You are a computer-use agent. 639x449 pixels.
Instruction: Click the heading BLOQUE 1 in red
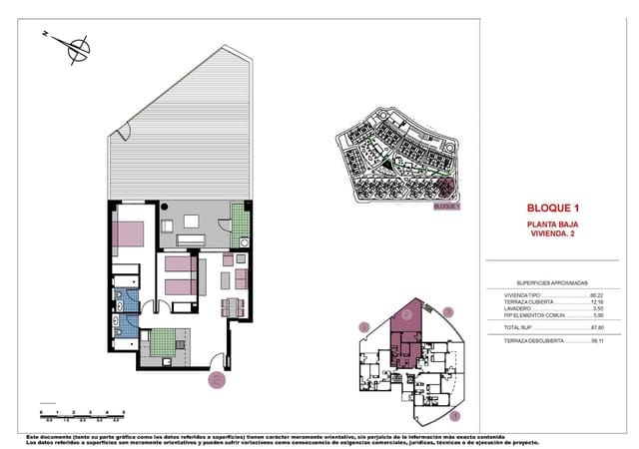click(x=552, y=208)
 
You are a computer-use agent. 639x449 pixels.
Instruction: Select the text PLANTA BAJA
click(x=552, y=225)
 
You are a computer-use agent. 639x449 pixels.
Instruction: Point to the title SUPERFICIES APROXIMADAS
click(x=552, y=283)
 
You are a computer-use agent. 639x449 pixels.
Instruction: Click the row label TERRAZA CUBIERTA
click(x=526, y=302)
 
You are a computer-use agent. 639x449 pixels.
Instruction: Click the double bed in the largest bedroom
click(x=131, y=235)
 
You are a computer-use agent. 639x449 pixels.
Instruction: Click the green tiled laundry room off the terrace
click(x=240, y=224)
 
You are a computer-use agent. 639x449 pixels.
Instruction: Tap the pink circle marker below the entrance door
click(x=216, y=378)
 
